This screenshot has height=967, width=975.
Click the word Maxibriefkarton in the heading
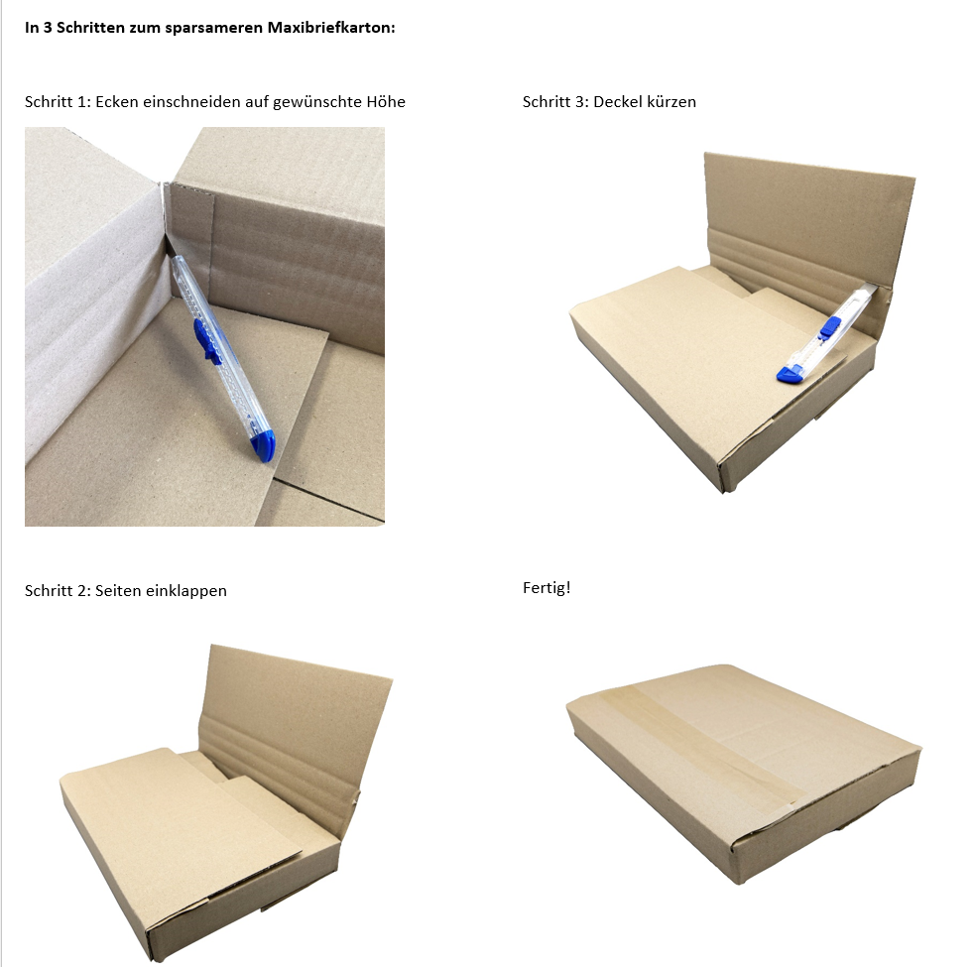click(331, 28)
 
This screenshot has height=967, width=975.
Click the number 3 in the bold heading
click(47, 28)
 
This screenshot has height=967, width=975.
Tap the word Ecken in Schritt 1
click(117, 102)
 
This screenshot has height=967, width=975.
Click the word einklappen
click(187, 591)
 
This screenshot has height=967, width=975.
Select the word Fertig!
click(547, 588)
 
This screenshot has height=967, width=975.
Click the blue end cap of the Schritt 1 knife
click(264, 447)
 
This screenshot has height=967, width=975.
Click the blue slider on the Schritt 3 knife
click(829, 327)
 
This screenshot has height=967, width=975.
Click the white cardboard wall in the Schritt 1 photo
click(93, 293)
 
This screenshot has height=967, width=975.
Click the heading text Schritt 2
click(58, 591)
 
